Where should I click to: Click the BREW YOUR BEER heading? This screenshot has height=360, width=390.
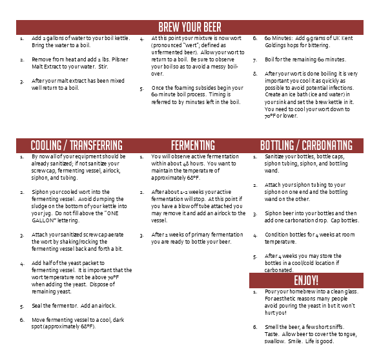point(190,27)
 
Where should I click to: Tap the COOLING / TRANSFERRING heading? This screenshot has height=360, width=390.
point(76,145)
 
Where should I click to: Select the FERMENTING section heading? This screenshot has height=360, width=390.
point(193,145)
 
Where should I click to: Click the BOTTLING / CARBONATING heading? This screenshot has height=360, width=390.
point(306,145)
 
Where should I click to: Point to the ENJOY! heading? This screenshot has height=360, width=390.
point(306,281)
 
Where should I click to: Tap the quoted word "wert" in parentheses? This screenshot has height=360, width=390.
point(192,45)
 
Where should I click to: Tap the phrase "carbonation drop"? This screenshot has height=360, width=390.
point(318,220)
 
